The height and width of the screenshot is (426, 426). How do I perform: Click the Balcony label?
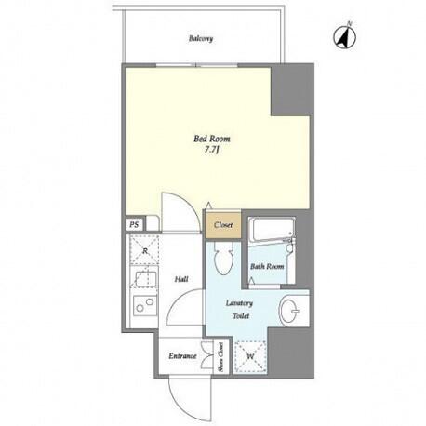201,39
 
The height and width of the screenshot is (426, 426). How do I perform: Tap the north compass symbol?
345,36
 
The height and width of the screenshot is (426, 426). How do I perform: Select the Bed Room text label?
212,139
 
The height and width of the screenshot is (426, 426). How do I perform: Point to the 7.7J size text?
212,150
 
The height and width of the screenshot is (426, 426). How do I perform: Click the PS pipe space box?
134,225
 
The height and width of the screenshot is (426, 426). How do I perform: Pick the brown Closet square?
223,225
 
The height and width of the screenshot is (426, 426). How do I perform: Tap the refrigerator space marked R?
144,250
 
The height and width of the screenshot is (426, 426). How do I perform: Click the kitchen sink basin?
144,278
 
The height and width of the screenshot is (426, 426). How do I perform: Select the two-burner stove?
145,305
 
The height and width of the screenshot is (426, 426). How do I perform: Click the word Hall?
181,279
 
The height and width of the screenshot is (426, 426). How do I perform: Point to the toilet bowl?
223,258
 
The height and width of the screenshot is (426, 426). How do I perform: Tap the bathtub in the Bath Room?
272,231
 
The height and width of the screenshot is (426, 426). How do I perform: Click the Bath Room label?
267,266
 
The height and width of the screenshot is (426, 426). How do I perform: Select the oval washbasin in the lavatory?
290,310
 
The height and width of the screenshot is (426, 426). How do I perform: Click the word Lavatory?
239,303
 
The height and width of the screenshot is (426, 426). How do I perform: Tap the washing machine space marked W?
250,356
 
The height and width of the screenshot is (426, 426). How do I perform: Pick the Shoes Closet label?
221,357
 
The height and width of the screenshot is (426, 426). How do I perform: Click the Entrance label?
182,356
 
